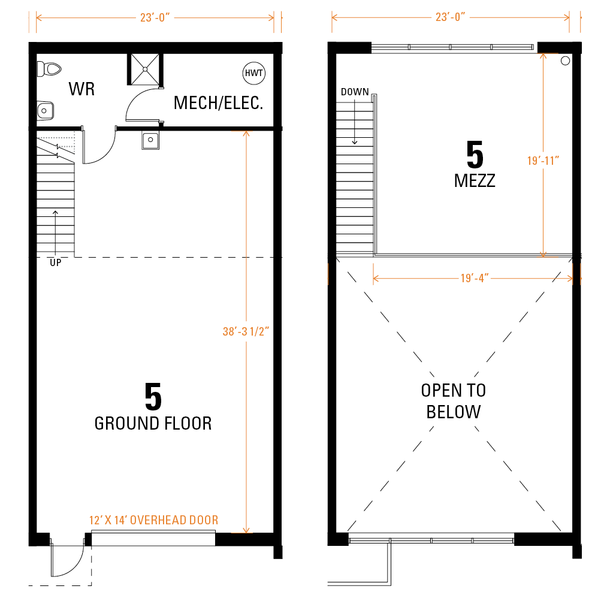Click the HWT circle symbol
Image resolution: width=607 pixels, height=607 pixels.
pyautogui.click(x=254, y=73)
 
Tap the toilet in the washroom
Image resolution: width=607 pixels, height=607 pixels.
pyautogui.click(x=49, y=70)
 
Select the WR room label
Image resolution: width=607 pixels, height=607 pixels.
pyautogui.click(x=81, y=89)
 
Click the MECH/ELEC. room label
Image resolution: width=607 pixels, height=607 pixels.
pyautogui.click(x=218, y=103)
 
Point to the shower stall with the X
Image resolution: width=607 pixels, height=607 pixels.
pyautogui.click(x=145, y=70)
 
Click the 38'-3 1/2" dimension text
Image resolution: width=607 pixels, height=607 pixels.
pyautogui.click(x=246, y=331)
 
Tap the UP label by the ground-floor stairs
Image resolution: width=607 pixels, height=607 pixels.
pyautogui.click(x=55, y=262)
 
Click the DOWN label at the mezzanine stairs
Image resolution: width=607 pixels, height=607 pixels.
pyautogui.click(x=355, y=92)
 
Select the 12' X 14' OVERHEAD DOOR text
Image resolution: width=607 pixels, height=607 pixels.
pyautogui.click(x=153, y=520)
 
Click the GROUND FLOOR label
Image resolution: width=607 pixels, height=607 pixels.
pyautogui.click(x=153, y=424)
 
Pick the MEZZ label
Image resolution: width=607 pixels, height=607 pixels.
pyautogui.click(x=475, y=181)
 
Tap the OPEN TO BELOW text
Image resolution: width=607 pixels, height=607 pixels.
pyautogui.click(x=454, y=401)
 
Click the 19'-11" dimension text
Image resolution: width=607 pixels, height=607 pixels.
pyautogui.click(x=543, y=161)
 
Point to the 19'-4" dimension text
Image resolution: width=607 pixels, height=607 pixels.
pyautogui.click(x=475, y=278)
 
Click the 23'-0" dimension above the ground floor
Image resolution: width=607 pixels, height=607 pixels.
pyautogui.click(x=155, y=17)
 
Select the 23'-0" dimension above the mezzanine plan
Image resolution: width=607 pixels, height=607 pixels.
pyautogui.click(x=450, y=17)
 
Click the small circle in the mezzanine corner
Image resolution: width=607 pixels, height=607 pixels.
pyautogui.click(x=565, y=61)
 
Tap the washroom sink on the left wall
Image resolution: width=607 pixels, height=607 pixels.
pyautogui.click(x=46, y=111)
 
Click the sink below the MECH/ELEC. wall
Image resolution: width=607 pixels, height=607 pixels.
pyautogui.click(x=150, y=140)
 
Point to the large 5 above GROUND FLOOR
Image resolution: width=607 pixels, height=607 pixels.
pyautogui.click(x=153, y=397)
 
